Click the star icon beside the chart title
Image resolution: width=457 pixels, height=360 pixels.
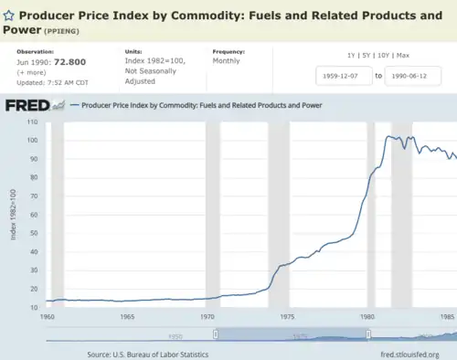(9, 16)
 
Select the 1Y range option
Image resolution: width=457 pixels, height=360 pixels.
(352, 56)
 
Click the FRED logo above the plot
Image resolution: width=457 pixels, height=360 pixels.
(27, 105)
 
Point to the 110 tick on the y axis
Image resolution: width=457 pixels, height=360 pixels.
(32, 122)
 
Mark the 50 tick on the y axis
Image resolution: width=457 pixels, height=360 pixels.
(34, 233)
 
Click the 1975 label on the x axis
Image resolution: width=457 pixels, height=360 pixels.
(287, 316)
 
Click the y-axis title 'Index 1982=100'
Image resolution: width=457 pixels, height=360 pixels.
(14, 216)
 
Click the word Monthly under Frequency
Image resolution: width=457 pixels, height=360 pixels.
(227, 60)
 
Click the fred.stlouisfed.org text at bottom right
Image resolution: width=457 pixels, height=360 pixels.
(409, 354)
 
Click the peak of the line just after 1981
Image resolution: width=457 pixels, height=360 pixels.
(388, 136)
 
